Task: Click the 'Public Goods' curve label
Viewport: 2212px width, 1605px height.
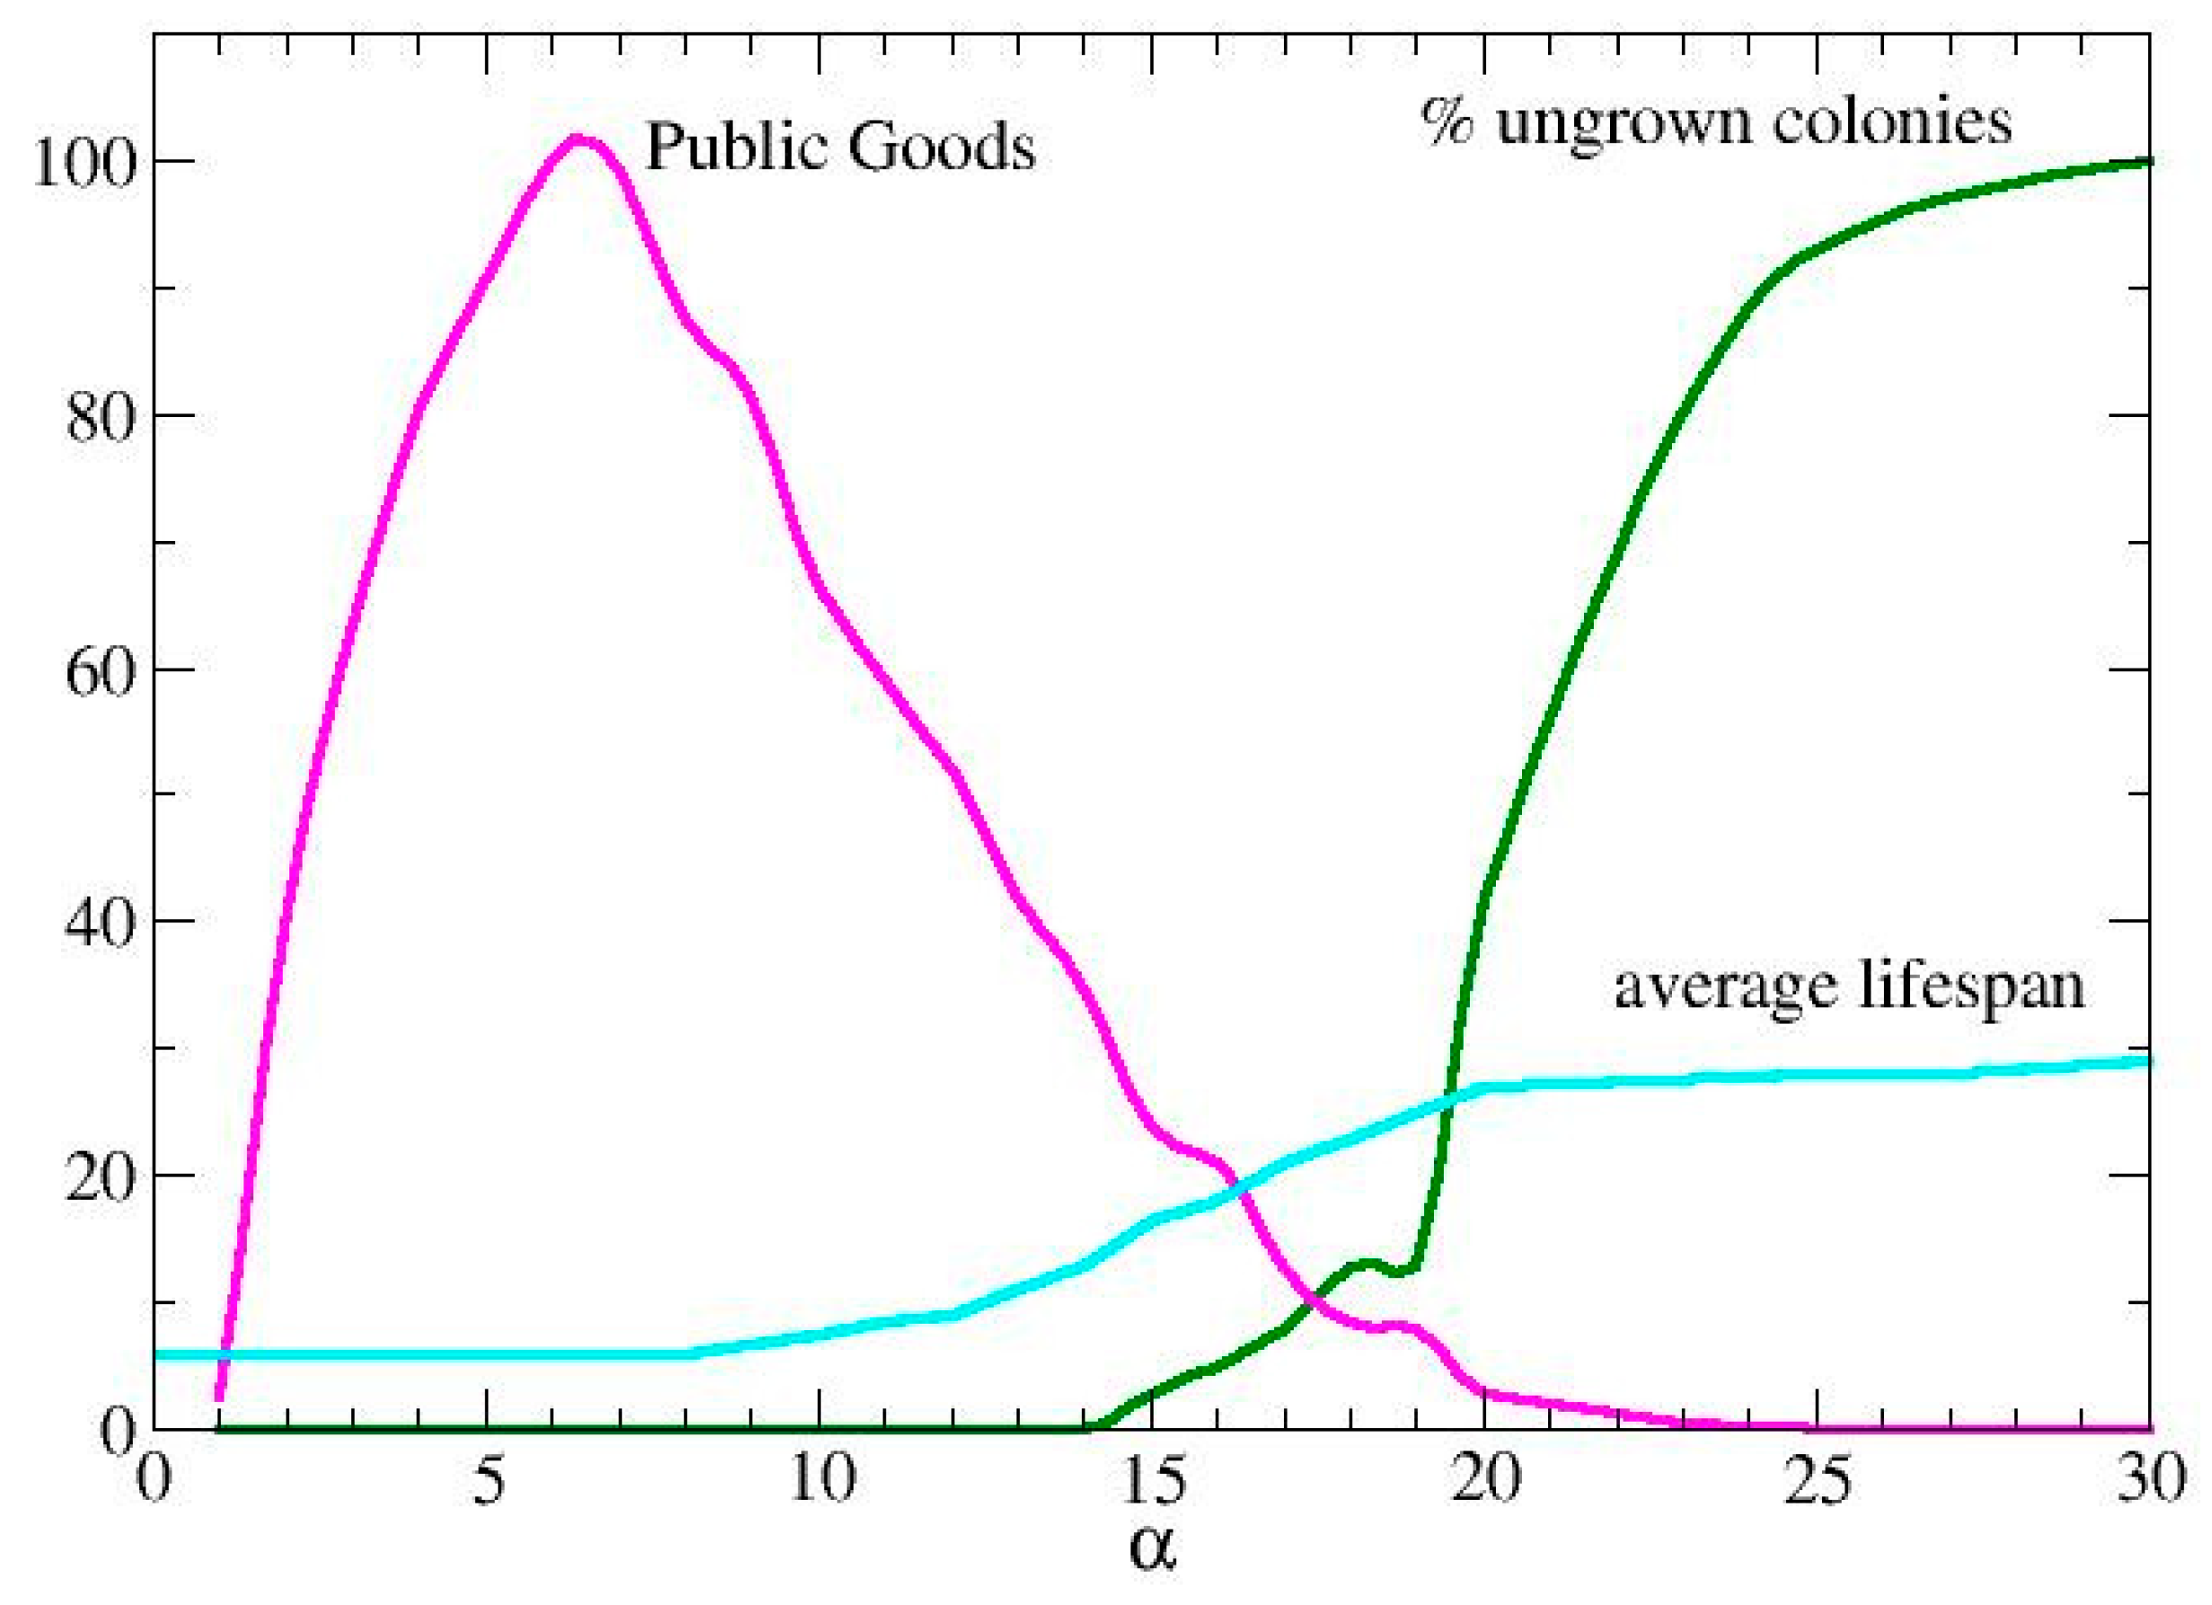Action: click(x=841, y=148)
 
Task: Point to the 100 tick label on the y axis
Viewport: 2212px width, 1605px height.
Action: click(x=82, y=162)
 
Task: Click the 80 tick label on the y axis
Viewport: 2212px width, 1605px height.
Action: click(x=98, y=417)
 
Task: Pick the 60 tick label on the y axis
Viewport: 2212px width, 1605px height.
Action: click(x=98, y=671)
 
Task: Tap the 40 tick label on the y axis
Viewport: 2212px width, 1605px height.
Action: click(x=98, y=922)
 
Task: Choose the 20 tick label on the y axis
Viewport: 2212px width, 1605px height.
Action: click(x=98, y=1176)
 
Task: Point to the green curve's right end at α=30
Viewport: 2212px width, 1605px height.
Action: click(x=2148, y=161)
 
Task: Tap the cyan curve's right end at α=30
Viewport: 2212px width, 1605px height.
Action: click(x=2148, y=1061)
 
